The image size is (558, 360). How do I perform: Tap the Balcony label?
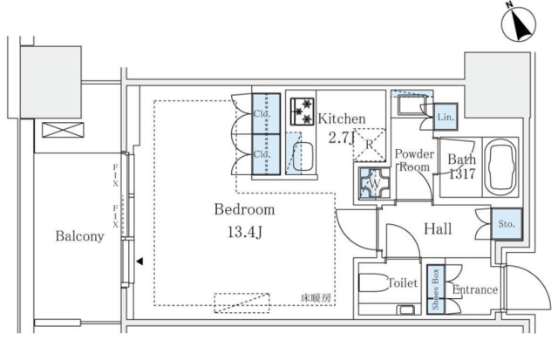(80, 236)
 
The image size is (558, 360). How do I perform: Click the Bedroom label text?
(245, 210)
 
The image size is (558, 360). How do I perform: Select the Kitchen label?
(341, 119)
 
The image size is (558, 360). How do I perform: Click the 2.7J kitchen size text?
(341, 135)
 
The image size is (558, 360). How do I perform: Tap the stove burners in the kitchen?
(302, 112)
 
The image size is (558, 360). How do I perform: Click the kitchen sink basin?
(305, 159)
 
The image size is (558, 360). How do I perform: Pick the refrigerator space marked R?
(369, 146)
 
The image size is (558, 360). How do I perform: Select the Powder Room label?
(414, 161)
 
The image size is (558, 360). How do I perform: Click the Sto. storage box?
(506, 224)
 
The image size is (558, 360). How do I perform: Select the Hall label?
(438, 229)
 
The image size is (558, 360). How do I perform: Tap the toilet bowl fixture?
(376, 283)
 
